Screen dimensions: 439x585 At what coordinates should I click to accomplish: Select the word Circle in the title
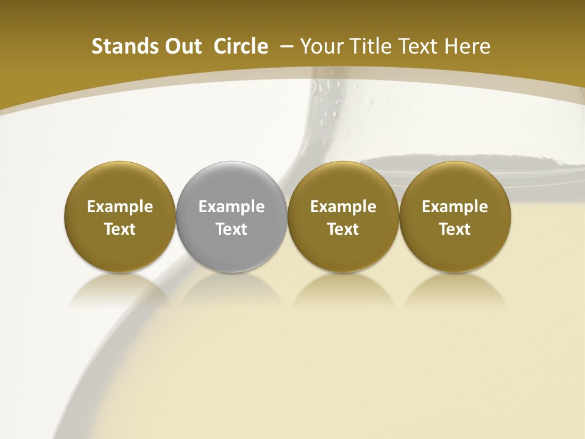click(x=241, y=46)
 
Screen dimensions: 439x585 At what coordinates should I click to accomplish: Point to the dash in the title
click(x=286, y=46)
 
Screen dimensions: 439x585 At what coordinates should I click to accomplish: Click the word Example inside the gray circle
click(x=232, y=207)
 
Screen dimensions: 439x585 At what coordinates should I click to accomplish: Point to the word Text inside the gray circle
click(x=232, y=229)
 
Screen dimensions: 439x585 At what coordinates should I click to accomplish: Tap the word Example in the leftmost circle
click(x=120, y=207)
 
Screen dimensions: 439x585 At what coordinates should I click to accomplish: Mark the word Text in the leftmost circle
click(x=120, y=229)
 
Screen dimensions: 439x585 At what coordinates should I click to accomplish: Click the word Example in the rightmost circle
click(x=455, y=207)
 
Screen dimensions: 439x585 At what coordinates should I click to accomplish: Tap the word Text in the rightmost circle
click(x=455, y=229)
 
